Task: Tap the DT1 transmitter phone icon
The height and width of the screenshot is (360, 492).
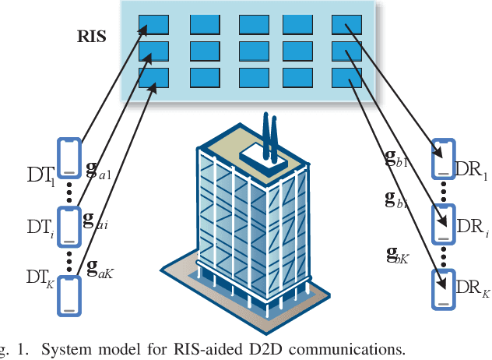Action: tap(69, 160)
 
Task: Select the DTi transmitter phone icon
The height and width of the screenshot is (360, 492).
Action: tap(69, 226)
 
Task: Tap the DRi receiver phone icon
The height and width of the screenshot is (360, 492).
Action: tap(443, 225)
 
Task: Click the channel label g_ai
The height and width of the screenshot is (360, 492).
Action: tap(96, 221)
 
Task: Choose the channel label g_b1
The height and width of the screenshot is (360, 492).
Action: tap(397, 164)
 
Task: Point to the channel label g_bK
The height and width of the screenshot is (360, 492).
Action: tap(399, 254)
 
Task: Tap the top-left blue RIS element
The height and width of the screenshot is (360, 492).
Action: tap(154, 24)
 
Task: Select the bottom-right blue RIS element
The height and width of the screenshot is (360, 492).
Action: tap(346, 78)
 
